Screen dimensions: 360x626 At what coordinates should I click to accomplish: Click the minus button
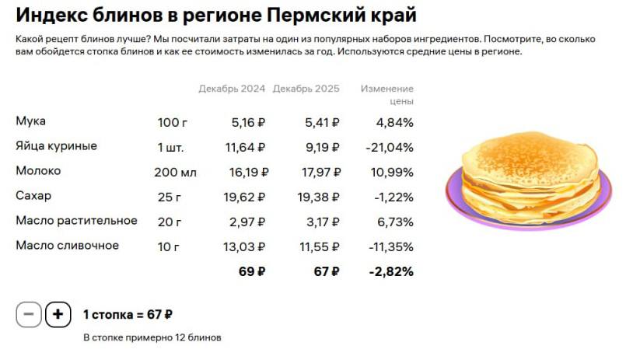(29, 315)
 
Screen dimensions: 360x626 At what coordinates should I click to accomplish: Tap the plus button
(58, 315)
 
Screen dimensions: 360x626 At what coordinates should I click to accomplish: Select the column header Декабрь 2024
(232, 89)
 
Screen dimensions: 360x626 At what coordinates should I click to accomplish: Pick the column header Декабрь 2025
(306, 89)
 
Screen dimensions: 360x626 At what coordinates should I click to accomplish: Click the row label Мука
(31, 121)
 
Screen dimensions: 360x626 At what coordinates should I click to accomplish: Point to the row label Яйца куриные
(56, 146)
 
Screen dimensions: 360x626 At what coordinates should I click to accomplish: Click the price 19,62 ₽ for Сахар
(244, 197)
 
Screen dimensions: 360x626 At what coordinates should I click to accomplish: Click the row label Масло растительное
(76, 221)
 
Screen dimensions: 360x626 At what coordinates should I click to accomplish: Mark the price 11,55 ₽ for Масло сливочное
(318, 246)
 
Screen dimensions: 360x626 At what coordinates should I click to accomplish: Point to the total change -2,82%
(391, 271)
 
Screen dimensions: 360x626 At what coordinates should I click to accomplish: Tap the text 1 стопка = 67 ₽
(128, 315)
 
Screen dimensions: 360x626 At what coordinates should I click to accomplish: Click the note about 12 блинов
(152, 337)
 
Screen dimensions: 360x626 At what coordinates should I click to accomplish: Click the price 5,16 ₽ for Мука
(248, 122)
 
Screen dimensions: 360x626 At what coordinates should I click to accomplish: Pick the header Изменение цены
(387, 95)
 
